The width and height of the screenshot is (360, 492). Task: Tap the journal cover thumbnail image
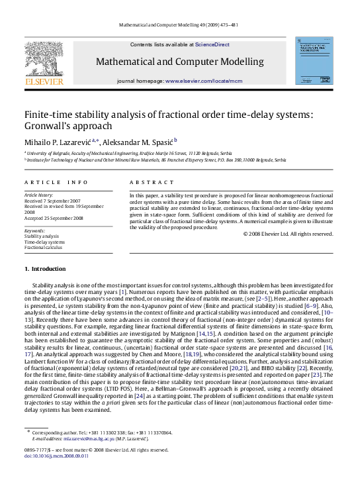click(314, 60)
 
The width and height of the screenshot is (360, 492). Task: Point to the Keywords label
click(34, 230)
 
